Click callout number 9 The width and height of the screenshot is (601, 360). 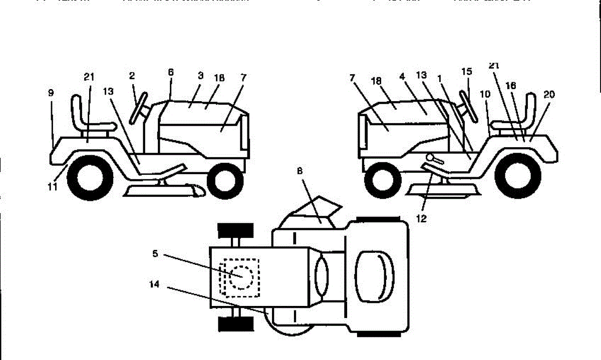pyautogui.click(x=51, y=93)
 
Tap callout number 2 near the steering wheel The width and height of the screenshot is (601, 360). pyautogui.click(x=132, y=76)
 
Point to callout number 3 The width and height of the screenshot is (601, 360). pyautogui.click(x=200, y=76)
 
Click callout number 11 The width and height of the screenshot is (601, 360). pyautogui.click(x=53, y=187)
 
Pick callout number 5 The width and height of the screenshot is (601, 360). pyautogui.click(x=155, y=254)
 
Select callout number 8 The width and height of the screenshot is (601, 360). pyautogui.click(x=300, y=171)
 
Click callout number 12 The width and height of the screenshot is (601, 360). pyautogui.click(x=422, y=219)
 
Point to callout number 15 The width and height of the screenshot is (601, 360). pyautogui.click(x=467, y=72)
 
